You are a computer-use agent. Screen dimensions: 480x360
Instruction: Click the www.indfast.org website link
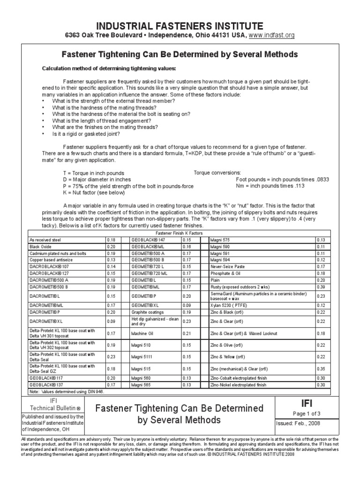[268, 35]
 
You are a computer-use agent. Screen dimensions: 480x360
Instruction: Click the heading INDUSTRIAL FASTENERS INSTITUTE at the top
[180, 25]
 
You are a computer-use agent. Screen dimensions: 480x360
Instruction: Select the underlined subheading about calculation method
[109, 69]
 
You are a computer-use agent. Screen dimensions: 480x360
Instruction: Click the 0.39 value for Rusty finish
[321, 286]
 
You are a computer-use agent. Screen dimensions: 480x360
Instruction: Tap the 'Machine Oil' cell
[144, 333]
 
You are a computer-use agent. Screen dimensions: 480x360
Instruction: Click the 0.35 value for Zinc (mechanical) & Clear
[321, 369]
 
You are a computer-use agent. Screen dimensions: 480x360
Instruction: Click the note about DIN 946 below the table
[67, 391]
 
